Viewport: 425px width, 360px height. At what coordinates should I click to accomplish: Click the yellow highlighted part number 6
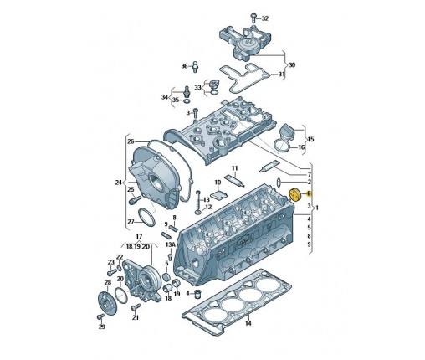tap(309, 193)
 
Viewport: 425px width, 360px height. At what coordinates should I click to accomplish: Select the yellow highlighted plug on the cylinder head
tap(294, 195)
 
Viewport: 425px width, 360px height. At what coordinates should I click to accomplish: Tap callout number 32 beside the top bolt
tap(264, 18)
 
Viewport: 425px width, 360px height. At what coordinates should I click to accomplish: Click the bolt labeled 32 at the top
tap(253, 18)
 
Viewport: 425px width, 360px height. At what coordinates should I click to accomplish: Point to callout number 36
tap(185, 66)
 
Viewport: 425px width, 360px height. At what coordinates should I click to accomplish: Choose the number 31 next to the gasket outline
tap(282, 75)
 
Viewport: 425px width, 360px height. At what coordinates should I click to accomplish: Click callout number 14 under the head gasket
tap(248, 323)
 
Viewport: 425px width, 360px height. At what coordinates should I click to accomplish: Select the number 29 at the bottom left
tap(102, 327)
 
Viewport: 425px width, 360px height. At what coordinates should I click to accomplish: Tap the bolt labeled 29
tap(100, 316)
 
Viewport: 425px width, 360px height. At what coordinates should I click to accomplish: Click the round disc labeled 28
tap(108, 304)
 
